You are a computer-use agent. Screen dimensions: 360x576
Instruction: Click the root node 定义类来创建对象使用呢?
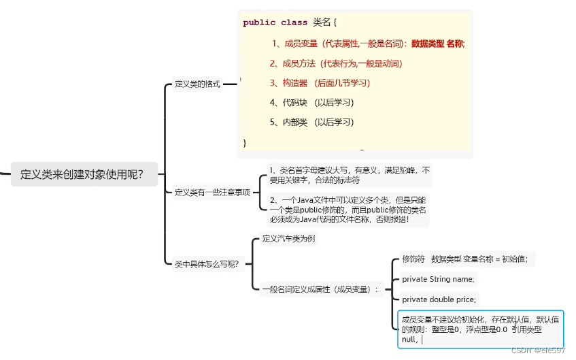coord(82,174)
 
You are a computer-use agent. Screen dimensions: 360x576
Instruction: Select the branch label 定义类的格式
coord(197,84)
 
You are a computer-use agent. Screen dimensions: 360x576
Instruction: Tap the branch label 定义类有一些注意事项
coord(213,192)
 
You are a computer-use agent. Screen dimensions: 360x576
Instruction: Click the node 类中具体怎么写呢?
coord(207,264)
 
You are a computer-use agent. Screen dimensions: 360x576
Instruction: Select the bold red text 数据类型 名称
coord(438,44)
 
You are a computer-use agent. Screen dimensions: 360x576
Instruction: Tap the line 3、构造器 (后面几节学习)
coord(319,83)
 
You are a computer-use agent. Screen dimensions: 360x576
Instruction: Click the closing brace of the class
coord(245,143)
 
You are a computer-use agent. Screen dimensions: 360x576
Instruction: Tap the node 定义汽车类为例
coord(288,239)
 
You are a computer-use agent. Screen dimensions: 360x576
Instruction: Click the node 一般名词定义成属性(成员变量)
coord(319,289)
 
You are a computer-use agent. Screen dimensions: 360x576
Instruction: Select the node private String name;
coord(438,279)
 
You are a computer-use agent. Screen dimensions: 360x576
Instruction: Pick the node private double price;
coord(439,299)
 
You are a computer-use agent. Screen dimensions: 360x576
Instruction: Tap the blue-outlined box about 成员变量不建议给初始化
coord(480,329)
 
